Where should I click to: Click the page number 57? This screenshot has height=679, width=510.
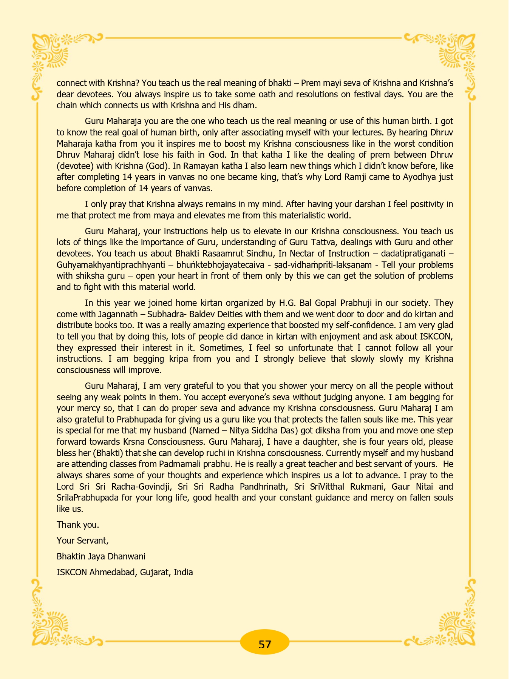[x=265, y=644]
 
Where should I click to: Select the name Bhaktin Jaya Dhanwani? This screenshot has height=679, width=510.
[x=101, y=556]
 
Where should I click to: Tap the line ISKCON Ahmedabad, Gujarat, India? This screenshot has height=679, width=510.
[x=125, y=572]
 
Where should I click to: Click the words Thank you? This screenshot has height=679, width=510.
[x=78, y=525]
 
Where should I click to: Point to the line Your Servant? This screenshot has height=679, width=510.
[x=83, y=541]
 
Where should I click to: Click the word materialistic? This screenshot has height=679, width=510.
[x=297, y=215]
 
